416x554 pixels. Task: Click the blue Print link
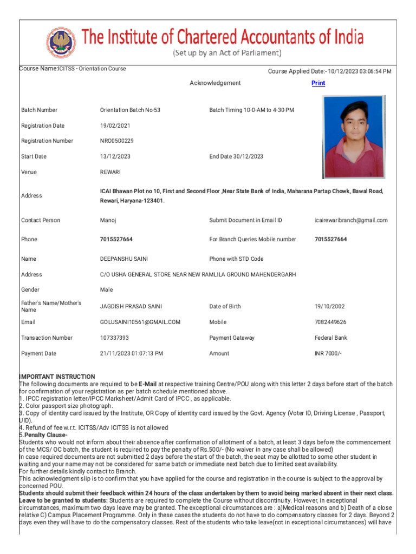[x=318, y=83]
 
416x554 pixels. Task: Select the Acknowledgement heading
[x=215, y=83]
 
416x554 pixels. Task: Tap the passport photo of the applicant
[x=354, y=137]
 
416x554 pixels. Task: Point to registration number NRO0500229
[x=116, y=141]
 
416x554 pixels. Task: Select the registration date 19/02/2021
[x=115, y=126]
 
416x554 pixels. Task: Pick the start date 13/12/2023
[x=115, y=156]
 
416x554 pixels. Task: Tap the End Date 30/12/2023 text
[x=236, y=156]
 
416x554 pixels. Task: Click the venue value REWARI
[x=110, y=172]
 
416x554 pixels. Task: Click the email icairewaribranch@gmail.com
[x=351, y=220]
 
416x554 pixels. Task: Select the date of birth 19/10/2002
[x=329, y=306]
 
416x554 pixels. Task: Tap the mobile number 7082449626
[x=330, y=322]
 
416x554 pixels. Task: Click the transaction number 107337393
[x=114, y=338]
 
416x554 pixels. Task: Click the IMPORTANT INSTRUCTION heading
[x=57, y=377]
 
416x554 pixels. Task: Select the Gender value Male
[x=106, y=290]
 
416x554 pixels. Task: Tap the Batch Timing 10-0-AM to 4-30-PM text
[x=251, y=110]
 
